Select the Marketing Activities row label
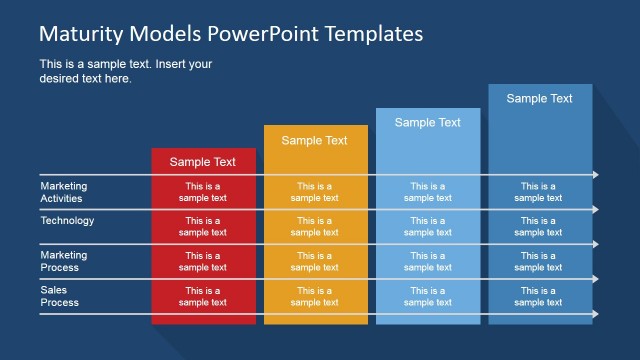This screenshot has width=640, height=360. tap(64, 191)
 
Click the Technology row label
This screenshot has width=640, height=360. tap(67, 221)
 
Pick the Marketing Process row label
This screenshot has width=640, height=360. tap(64, 261)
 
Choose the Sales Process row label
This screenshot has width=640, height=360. tap(59, 296)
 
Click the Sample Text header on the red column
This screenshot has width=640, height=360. tap(203, 161)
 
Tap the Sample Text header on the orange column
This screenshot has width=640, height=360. tap(315, 140)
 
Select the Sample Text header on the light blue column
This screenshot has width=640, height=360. tap(428, 122)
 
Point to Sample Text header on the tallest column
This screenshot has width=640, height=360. tap(540, 98)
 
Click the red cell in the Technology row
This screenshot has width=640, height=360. tap(203, 226)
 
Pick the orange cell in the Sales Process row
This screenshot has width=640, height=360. tap(315, 296)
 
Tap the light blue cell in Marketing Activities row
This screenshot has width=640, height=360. tap(428, 192)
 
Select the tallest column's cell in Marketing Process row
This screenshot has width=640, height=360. tap(539, 261)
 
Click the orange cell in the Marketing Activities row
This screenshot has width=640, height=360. tap(315, 192)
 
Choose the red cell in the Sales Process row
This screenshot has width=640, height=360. tap(203, 296)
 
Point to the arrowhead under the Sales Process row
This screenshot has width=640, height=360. tap(595, 314)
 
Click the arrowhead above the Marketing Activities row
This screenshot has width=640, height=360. tap(595, 175)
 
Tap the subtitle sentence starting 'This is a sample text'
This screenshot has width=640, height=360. tap(126, 71)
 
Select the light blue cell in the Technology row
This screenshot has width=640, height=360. tap(428, 226)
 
